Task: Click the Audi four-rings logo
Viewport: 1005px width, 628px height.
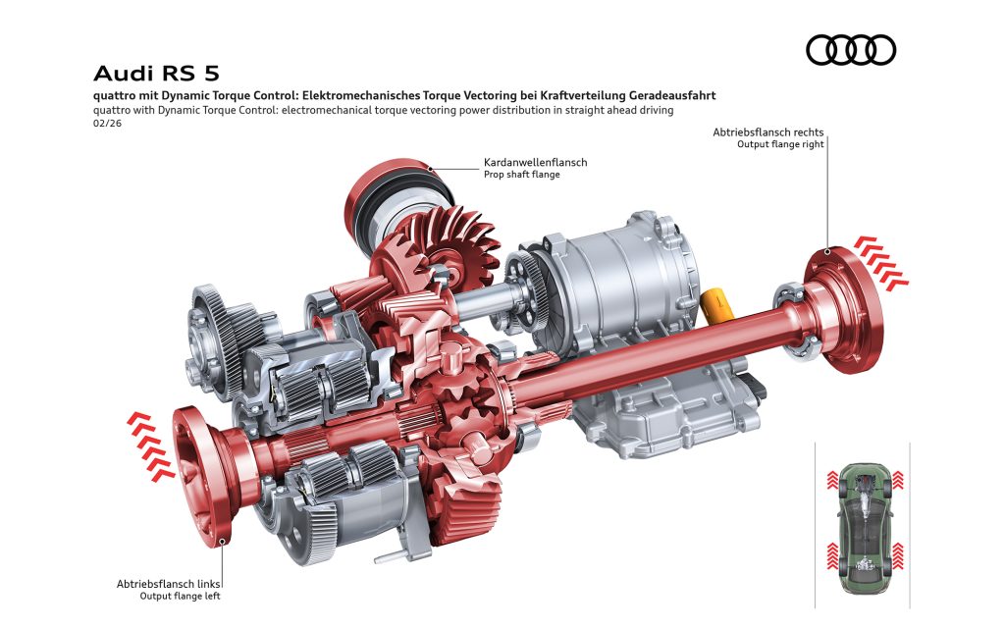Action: pyautogui.click(x=851, y=50)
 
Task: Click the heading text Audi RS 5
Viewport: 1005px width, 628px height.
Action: pyautogui.click(x=156, y=73)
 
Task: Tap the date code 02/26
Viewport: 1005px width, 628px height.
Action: pyautogui.click(x=107, y=123)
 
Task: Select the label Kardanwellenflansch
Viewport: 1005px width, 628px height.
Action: pyautogui.click(x=535, y=162)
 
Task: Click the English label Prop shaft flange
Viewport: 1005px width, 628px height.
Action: pyautogui.click(x=522, y=175)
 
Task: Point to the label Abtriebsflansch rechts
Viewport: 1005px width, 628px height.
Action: pyautogui.click(x=767, y=132)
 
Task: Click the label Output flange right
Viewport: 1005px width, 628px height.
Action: pyautogui.click(x=780, y=144)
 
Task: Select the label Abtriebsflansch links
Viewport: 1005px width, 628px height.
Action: pyautogui.click(x=168, y=584)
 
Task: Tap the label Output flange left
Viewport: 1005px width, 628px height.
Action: pyautogui.click(x=180, y=596)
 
